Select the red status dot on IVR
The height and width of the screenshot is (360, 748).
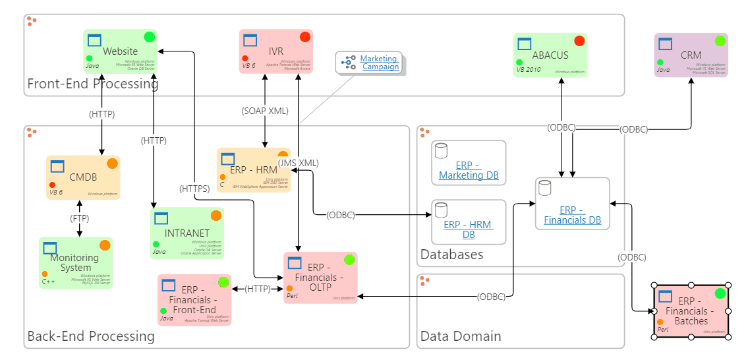pyautogui.click(x=304, y=37)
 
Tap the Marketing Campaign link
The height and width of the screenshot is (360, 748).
pyautogui.click(x=380, y=63)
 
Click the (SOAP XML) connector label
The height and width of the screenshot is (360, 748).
pyautogui.click(x=265, y=111)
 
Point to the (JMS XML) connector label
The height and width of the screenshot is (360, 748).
pyautogui.click(x=298, y=163)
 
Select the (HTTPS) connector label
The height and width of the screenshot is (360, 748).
pyautogui.click(x=194, y=189)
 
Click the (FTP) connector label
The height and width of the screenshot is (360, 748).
pyautogui.click(x=80, y=218)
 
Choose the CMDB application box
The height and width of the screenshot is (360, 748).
pyautogui.click(x=83, y=177)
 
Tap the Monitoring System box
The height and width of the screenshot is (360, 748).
pyautogui.click(x=75, y=262)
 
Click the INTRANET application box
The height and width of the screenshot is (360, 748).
pyautogui.click(x=187, y=233)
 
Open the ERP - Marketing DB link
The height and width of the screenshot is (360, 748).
pyautogui.click(x=469, y=171)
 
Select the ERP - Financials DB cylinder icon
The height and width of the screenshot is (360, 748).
pyautogui.click(x=544, y=189)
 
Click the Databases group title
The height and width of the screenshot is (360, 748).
pyautogui.click(x=452, y=255)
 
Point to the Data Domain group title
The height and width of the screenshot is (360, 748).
pyautogui.click(x=461, y=336)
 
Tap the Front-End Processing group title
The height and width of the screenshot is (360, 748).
pyautogui.click(x=93, y=84)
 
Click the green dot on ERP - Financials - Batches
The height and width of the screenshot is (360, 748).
pyautogui.click(x=720, y=293)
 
